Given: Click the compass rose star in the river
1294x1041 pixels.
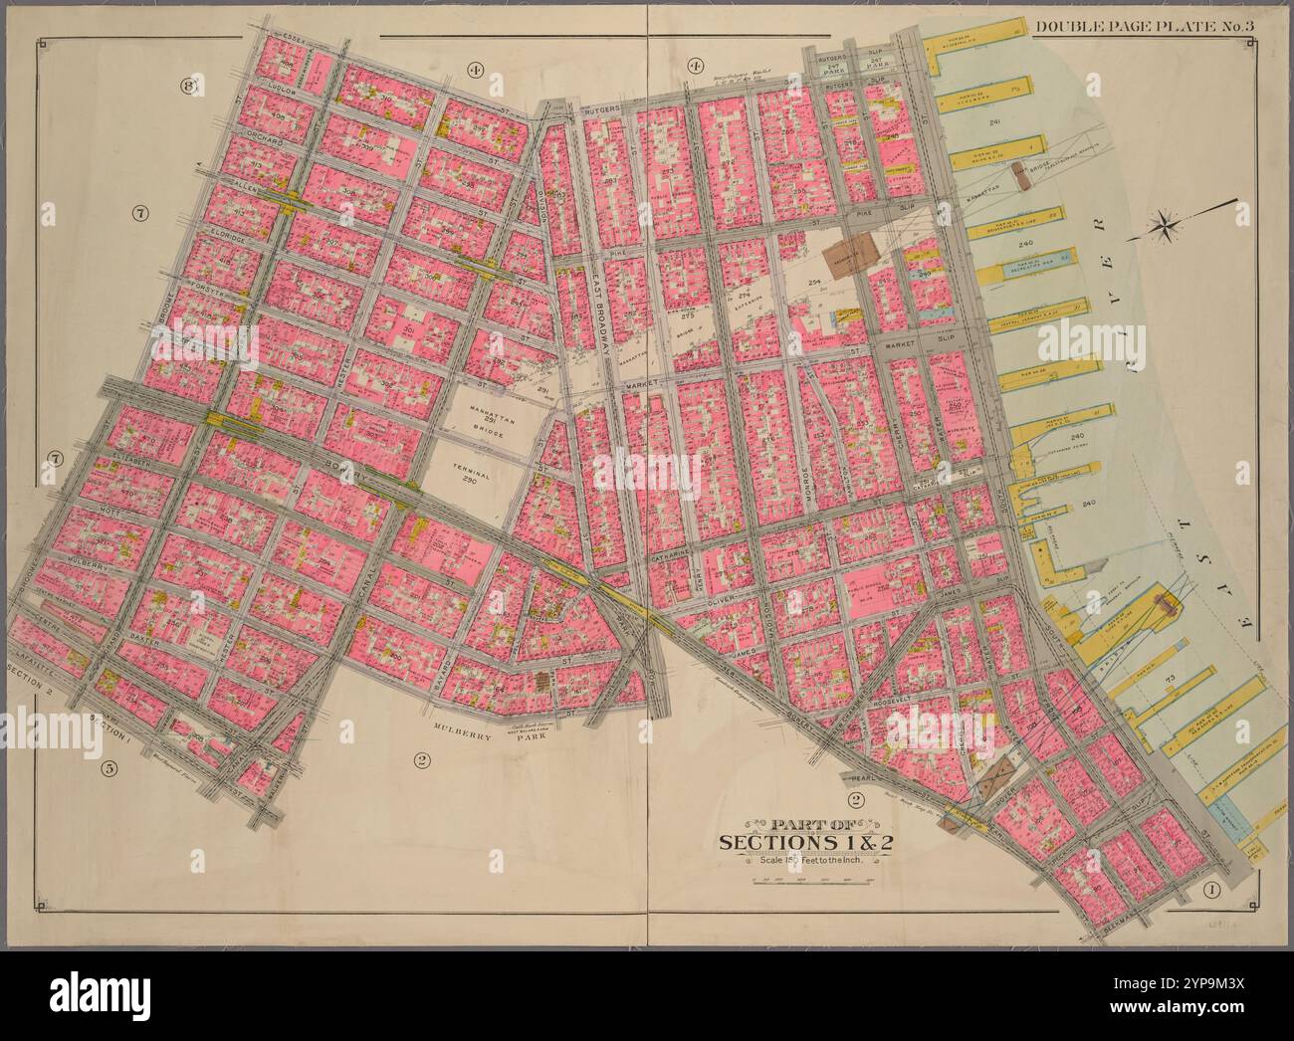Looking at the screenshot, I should point(1163,227).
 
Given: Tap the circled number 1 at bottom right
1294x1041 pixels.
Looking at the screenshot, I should point(1211,890).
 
